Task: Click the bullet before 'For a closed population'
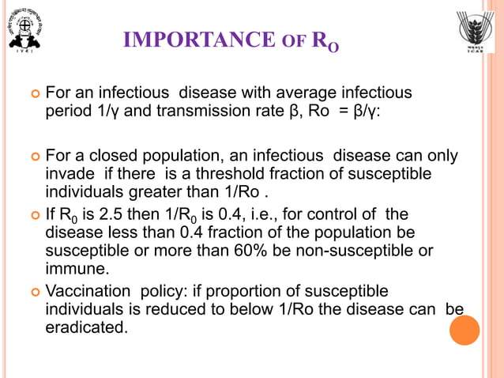34,157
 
